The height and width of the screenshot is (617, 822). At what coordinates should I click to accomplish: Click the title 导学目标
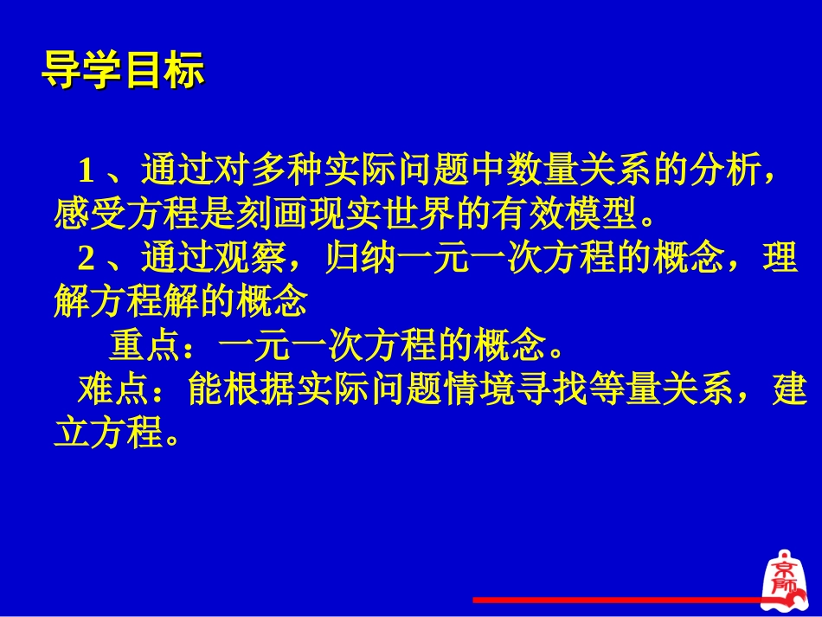coord(123,72)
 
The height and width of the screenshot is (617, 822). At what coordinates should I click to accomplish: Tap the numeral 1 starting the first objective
coord(86,170)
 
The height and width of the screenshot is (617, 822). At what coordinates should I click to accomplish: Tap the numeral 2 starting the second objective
coord(86,259)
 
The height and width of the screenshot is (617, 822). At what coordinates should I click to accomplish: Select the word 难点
coord(106,391)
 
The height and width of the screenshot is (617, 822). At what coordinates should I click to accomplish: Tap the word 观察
coord(249,259)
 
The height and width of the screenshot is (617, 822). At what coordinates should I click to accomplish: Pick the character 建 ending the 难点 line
coord(789,391)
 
